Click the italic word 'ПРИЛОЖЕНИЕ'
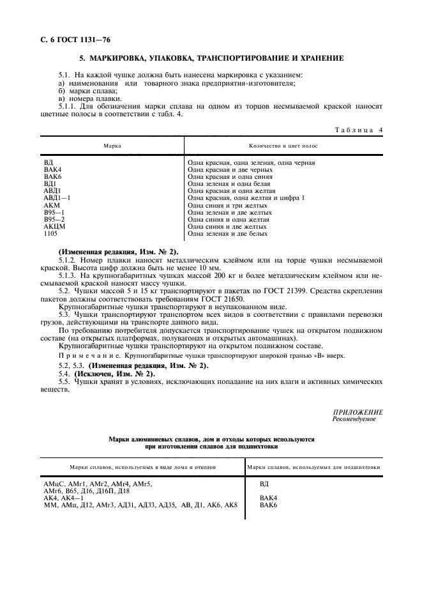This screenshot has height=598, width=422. tap(358, 413)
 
